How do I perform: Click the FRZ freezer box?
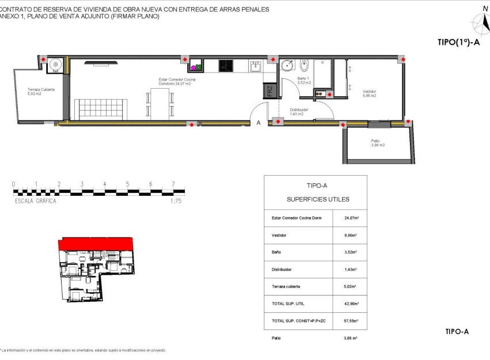tap(268, 91)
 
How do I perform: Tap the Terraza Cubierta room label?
tap(42, 92)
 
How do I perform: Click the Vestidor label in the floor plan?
tap(369, 93)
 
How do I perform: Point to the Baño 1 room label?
tap(304, 81)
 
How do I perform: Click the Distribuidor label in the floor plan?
tap(299, 112)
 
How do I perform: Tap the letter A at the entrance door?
tap(259, 123)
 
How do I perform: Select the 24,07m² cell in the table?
tap(351, 218)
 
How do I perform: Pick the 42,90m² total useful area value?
tap(351, 304)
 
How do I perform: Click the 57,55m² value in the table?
tap(351, 321)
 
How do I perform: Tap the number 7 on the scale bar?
tap(173, 184)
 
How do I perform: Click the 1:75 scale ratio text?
tap(176, 202)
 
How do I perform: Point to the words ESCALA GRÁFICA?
tap(35, 202)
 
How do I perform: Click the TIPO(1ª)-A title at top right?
tap(458, 41)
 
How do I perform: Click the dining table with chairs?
tap(159, 104)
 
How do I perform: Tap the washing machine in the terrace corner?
tap(55, 65)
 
